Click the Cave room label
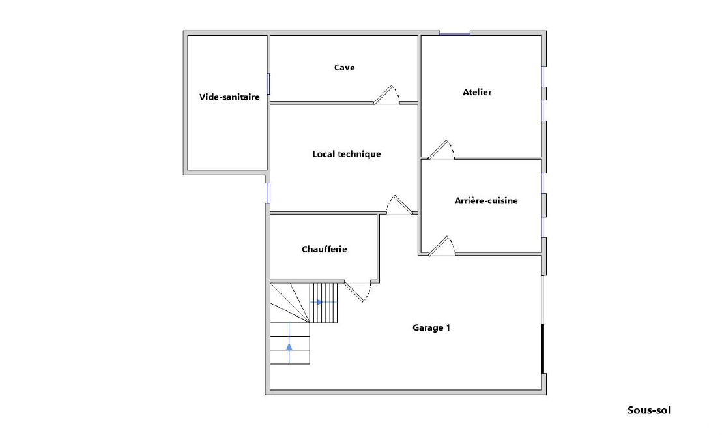[345, 67]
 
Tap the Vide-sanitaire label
[229, 97]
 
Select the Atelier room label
[477, 92]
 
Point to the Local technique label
[347, 154]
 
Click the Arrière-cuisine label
[486, 200]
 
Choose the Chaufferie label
[324, 249]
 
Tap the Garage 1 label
[431, 327]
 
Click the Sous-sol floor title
[649, 410]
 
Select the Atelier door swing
[440, 150]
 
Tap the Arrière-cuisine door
[442, 246]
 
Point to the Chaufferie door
[358, 292]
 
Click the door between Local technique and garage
[399, 205]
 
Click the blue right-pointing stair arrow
[318, 303]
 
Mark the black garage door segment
[543, 349]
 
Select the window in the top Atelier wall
[455, 33]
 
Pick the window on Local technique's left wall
[268, 192]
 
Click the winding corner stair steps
[289, 303]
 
